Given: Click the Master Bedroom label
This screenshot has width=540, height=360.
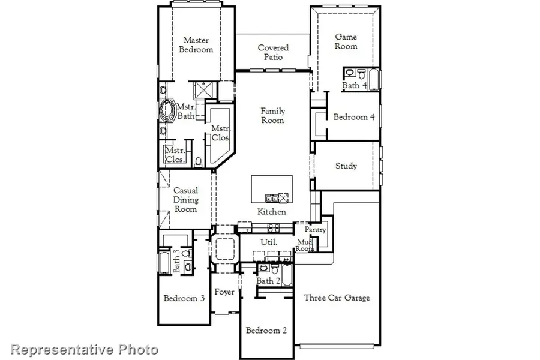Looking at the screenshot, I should click(x=196, y=45).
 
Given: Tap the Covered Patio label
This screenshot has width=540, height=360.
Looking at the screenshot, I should click(x=273, y=52).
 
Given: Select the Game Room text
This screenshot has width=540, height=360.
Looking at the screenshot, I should click(x=346, y=41).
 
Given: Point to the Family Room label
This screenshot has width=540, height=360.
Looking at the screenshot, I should click(x=272, y=115).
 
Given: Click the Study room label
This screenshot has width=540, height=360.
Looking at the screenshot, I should click(x=346, y=166).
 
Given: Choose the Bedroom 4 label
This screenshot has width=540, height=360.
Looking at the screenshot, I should click(x=354, y=117).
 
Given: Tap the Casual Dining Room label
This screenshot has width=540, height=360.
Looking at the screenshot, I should click(x=185, y=200).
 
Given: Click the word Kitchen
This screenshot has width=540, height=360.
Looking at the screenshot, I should click(x=271, y=212).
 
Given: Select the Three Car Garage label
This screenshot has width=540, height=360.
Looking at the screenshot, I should click(x=337, y=298).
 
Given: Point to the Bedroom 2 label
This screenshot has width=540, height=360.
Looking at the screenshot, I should click(x=266, y=330).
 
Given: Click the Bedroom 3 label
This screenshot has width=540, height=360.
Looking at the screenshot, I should click(x=185, y=298).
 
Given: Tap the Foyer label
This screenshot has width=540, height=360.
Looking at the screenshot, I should click(x=224, y=292).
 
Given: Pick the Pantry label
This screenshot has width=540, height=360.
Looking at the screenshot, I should click(x=315, y=230).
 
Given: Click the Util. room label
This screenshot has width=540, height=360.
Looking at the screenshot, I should click(x=268, y=242).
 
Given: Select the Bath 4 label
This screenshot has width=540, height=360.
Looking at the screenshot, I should click(x=355, y=86).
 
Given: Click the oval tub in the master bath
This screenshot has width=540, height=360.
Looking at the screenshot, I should click(x=167, y=112).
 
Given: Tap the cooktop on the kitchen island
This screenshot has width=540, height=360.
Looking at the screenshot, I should click(x=271, y=197).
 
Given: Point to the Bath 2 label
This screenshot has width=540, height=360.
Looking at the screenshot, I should click(x=268, y=281).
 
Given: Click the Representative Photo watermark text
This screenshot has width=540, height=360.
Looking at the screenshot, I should click(x=85, y=349).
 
